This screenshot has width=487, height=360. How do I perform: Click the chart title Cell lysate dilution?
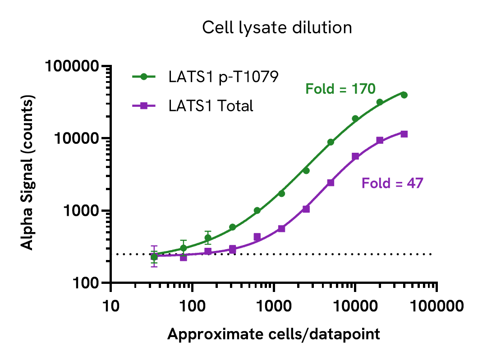click(276, 28)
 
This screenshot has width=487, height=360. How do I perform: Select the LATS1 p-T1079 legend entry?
click(223, 77)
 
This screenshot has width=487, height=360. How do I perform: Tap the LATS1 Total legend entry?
click(211, 106)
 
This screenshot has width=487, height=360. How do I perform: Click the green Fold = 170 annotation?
click(340, 89)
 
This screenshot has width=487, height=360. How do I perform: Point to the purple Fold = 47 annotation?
click(392, 183)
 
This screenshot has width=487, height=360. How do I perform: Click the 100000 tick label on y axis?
click(73, 67)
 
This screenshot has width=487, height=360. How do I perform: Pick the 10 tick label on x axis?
click(111, 307)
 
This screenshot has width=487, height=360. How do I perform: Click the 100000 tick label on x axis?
click(436, 307)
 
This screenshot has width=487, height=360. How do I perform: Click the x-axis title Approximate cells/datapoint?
click(273, 334)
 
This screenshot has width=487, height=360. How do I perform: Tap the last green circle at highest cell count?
click(404, 95)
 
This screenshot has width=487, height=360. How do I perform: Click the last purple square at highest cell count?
click(404, 134)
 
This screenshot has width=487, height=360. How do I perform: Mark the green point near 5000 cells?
click(331, 142)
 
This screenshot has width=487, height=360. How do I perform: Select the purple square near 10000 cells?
click(355, 156)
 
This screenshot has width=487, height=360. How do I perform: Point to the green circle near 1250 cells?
click(281, 193)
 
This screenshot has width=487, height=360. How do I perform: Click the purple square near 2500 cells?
click(306, 209)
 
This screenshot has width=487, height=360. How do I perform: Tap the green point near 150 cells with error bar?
click(208, 237)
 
